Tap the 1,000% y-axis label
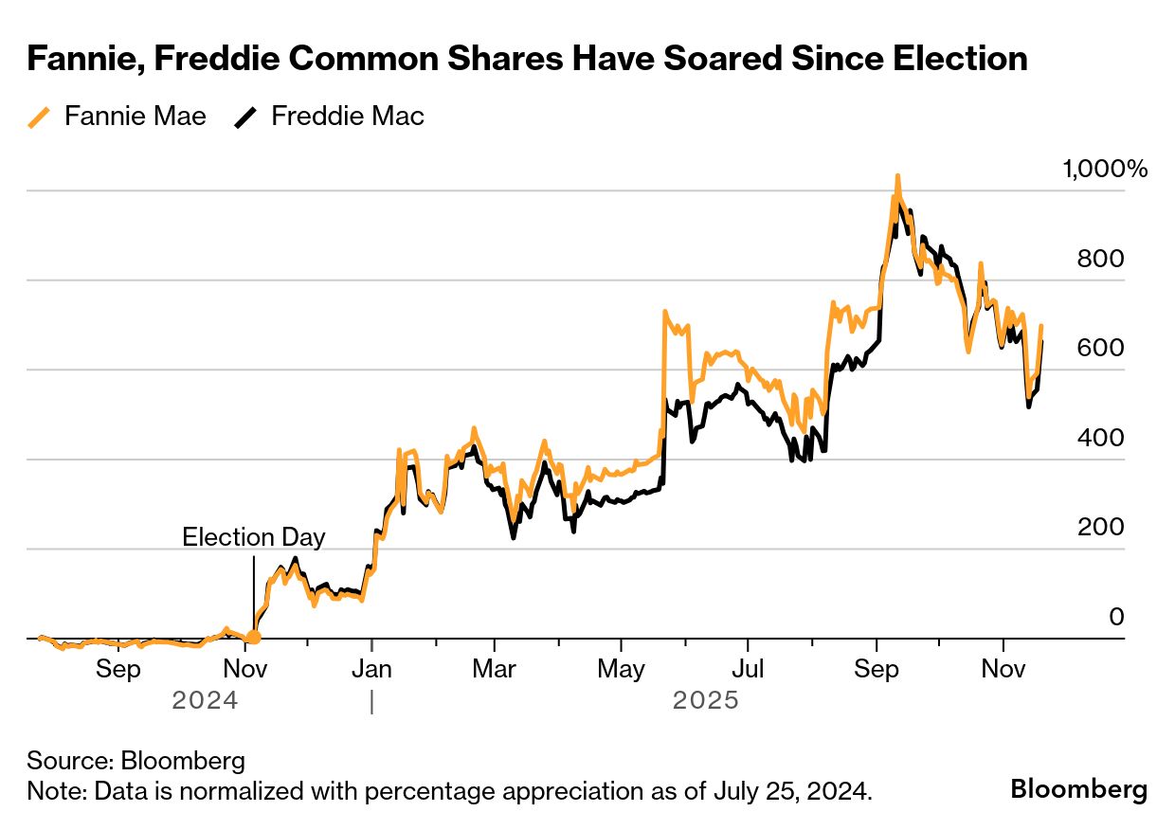pyautogui.click(x=1105, y=170)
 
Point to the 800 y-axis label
pyautogui.click(x=1100, y=259)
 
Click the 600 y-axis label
pyautogui.click(x=1100, y=348)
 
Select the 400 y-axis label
pyautogui.click(x=1100, y=438)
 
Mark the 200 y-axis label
pyautogui.click(x=1100, y=527)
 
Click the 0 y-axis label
pyautogui.click(x=1116, y=617)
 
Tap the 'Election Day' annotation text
pyautogui.click(x=253, y=537)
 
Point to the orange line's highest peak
pyautogui.click(x=896, y=176)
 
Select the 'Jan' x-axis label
pyautogui.click(x=371, y=670)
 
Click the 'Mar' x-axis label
pyautogui.click(x=494, y=670)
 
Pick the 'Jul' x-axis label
pyautogui.click(x=749, y=670)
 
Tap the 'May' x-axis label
pyautogui.click(x=622, y=670)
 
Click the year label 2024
pyautogui.click(x=205, y=702)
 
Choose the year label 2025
pyautogui.click(x=705, y=702)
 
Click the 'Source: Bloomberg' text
pyautogui.click(x=136, y=761)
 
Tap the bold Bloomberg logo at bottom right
pyautogui.click(x=1078, y=788)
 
